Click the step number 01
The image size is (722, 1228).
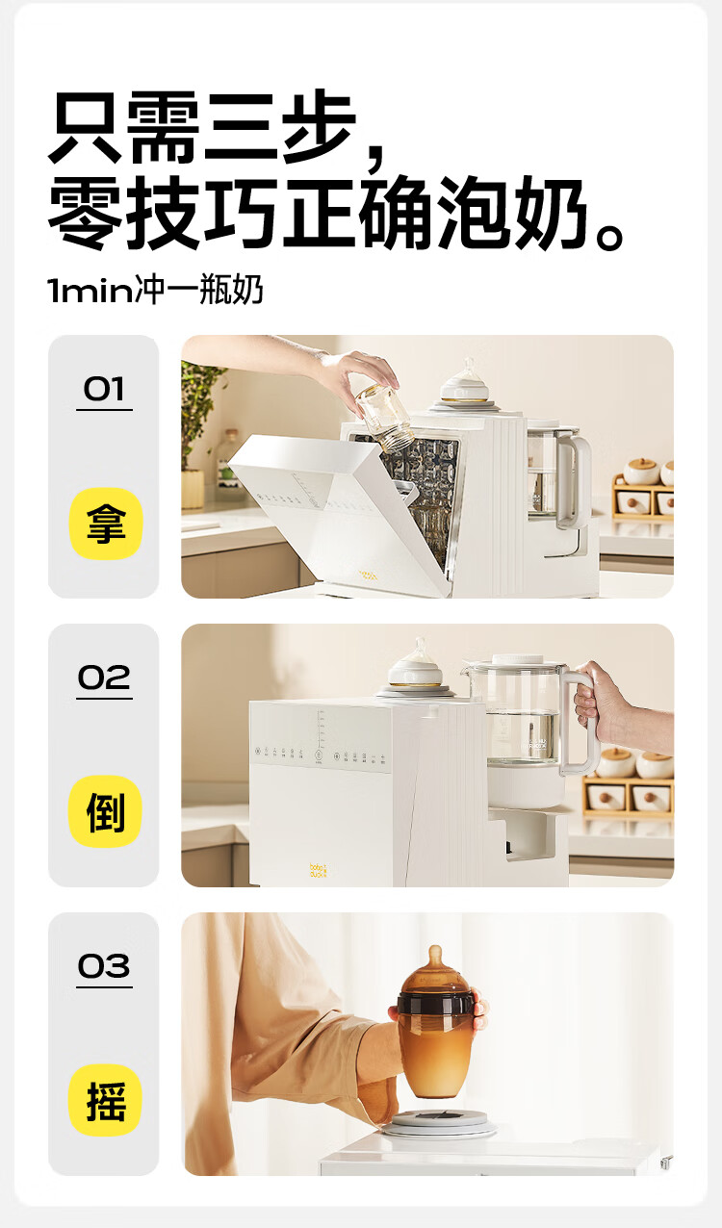[104, 389]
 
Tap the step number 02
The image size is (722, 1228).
[104, 678]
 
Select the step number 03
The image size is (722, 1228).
[104, 966]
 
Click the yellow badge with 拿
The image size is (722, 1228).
[106, 524]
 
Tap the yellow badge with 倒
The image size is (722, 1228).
[105, 812]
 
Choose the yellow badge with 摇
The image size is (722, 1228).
[105, 1100]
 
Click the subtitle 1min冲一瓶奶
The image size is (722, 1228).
[156, 289]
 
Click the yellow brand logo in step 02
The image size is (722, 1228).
[318, 871]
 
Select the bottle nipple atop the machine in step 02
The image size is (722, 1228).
[416, 664]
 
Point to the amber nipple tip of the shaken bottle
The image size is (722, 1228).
[435, 952]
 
